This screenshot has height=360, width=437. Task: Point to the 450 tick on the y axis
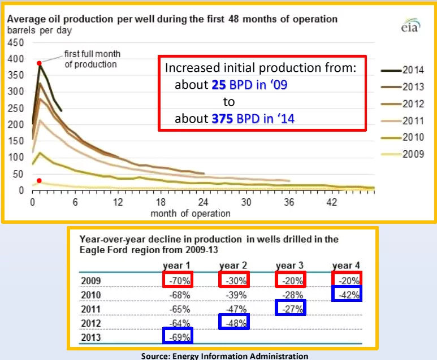(16, 43)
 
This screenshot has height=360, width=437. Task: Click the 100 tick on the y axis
(16, 158)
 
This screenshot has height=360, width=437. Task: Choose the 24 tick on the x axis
(204, 202)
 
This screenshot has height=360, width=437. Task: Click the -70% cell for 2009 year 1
(178, 280)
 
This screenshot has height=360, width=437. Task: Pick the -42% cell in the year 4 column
(346, 294)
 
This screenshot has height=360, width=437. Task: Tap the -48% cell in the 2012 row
(233, 323)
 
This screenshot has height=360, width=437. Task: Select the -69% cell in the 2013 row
(178, 337)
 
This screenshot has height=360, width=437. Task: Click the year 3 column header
(290, 265)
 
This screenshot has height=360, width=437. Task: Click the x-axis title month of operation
(190, 214)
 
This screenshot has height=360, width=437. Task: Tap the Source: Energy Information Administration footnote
(224, 355)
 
